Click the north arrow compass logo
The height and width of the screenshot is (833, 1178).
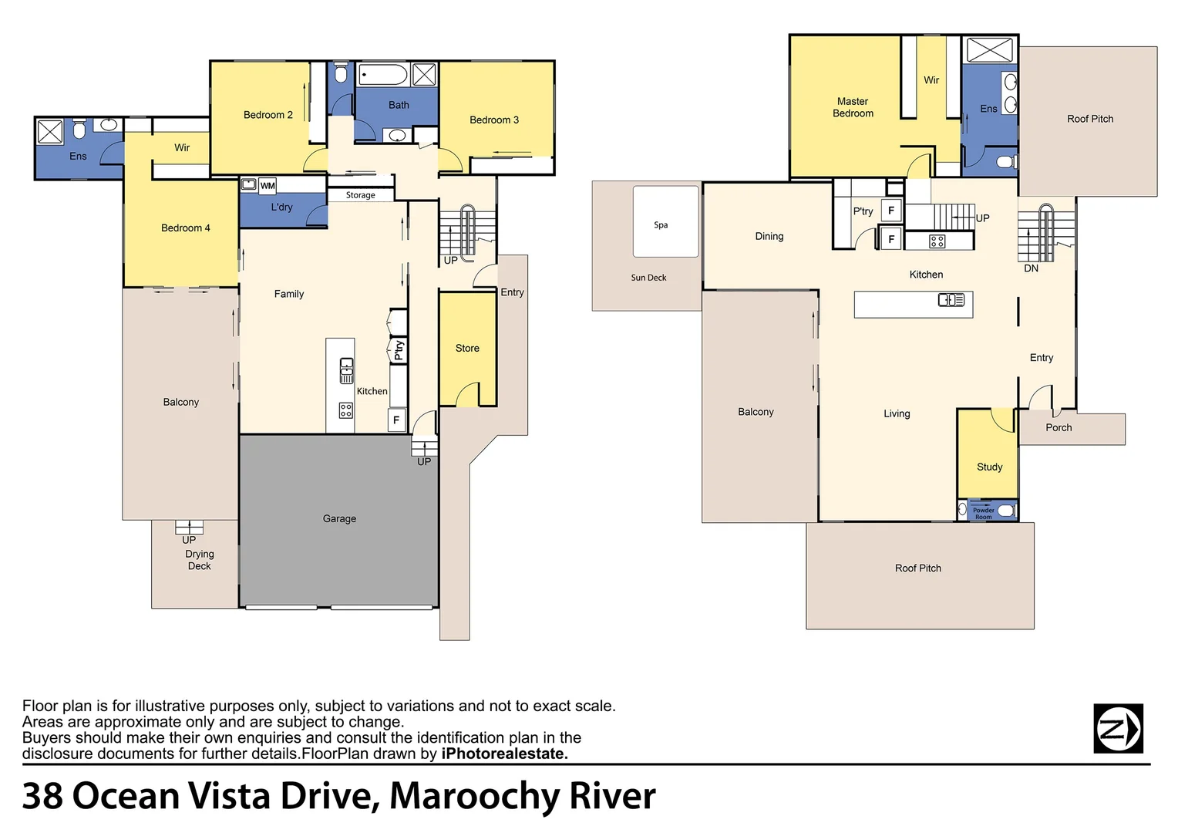pyautogui.click(x=1118, y=729)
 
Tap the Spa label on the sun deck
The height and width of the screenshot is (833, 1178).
pyautogui.click(x=661, y=224)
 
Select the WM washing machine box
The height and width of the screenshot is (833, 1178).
pyautogui.click(x=268, y=186)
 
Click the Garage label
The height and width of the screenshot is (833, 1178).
pyautogui.click(x=339, y=519)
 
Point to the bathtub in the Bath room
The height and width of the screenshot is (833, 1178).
pyautogui.click(x=383, y=75)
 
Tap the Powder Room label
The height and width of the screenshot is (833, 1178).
pyautogui.click(x=984, y=514)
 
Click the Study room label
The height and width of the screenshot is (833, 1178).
pyautogui.click(x=989, y=467)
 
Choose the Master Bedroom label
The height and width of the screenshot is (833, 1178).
pyautogui.click(x=853, y=107)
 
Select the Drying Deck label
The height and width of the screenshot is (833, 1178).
pyautogui.click(x=200, y=560)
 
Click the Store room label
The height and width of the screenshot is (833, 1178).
pyautogui.click(x=467, y=349)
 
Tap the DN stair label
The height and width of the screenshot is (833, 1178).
pyautogui.click(x=1031, y=268)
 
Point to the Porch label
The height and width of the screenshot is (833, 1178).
pyautogui.click(x=1059, y=428)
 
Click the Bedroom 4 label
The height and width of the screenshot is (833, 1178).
pyautogui.click(x=185, y=228)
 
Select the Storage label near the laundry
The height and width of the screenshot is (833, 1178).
pyautogui.click(x=360, y=195)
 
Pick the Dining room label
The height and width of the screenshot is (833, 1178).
pyautogui.click(x=769, y=236)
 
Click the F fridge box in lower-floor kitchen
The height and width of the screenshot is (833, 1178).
pyautogui.click(x=396, y=420)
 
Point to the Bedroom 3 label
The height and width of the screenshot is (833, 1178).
pyautogui.click(x=494, y=120)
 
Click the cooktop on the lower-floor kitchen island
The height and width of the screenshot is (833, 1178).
pyautogui.click(x=345, y=410)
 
